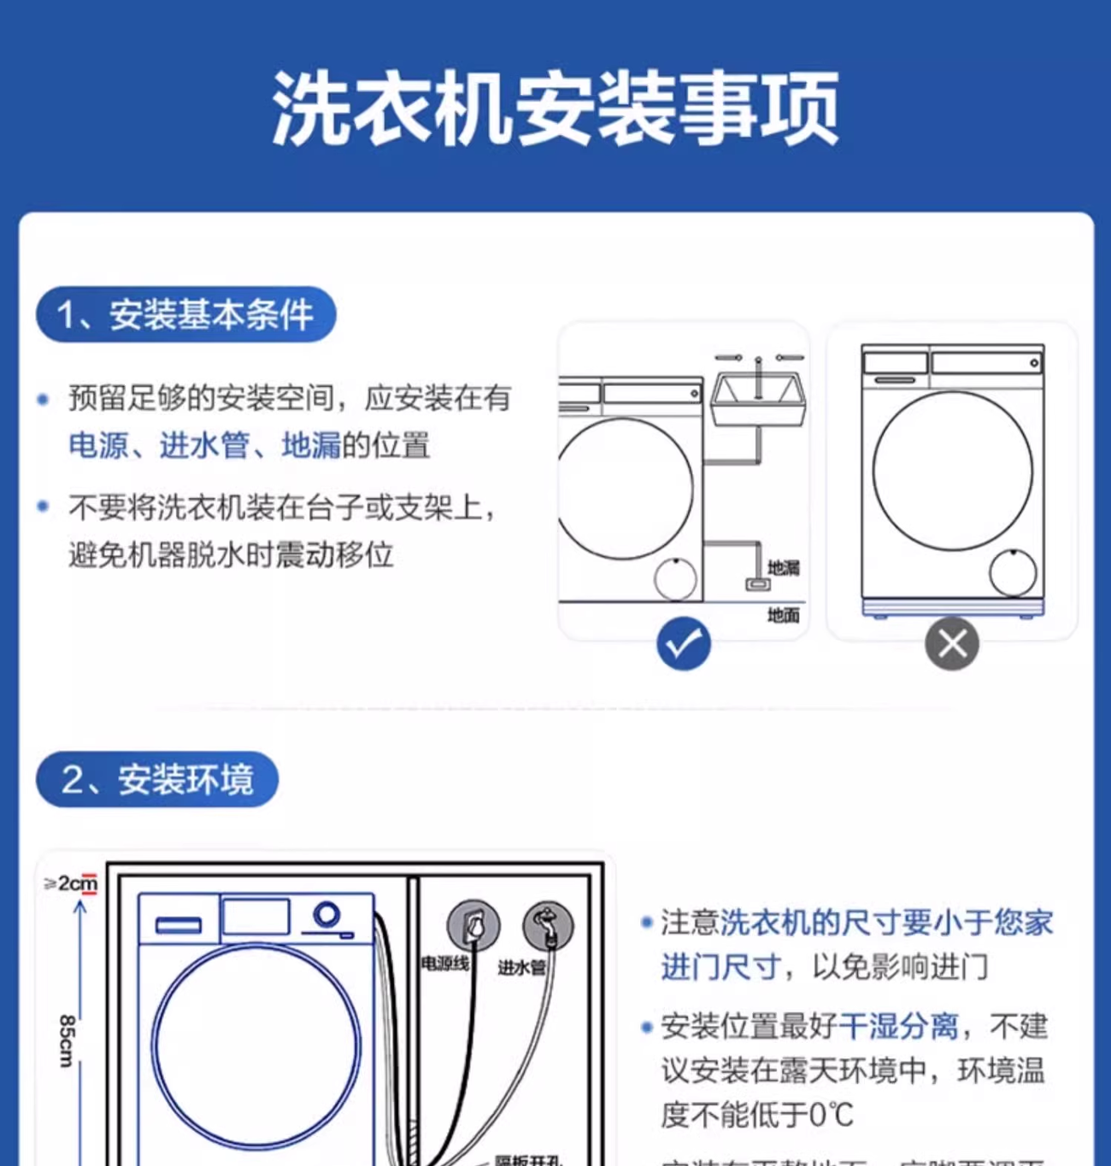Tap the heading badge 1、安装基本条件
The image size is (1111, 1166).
tap(185, 314)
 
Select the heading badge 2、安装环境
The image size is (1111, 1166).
tap(157, 779)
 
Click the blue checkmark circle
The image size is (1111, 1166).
tap(683, 643)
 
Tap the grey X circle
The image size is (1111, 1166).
tap(951, 643)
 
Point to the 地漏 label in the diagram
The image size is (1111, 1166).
tap(783, 568)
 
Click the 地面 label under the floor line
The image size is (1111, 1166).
tap(783, 615)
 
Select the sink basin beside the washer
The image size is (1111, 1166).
tap(758, 399)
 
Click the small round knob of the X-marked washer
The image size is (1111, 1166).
tap(1013, 572)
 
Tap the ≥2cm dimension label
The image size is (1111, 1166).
tap(72, 883)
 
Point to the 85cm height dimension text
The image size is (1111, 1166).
tap(67, 1040)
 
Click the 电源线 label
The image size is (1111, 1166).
tap(445, 964)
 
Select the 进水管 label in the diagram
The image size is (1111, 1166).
tap(521, 967)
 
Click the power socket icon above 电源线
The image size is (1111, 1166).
tap(473, 925)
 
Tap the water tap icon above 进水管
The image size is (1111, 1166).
tap(548, 925)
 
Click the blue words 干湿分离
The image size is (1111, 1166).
tap(898, 1026)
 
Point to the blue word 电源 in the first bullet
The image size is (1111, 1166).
tap(98, 445)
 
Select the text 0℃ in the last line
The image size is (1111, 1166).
tap(831, 1115)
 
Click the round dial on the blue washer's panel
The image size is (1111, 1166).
tap(326, 915)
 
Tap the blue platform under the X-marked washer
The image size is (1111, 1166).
tap(952, 608)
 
